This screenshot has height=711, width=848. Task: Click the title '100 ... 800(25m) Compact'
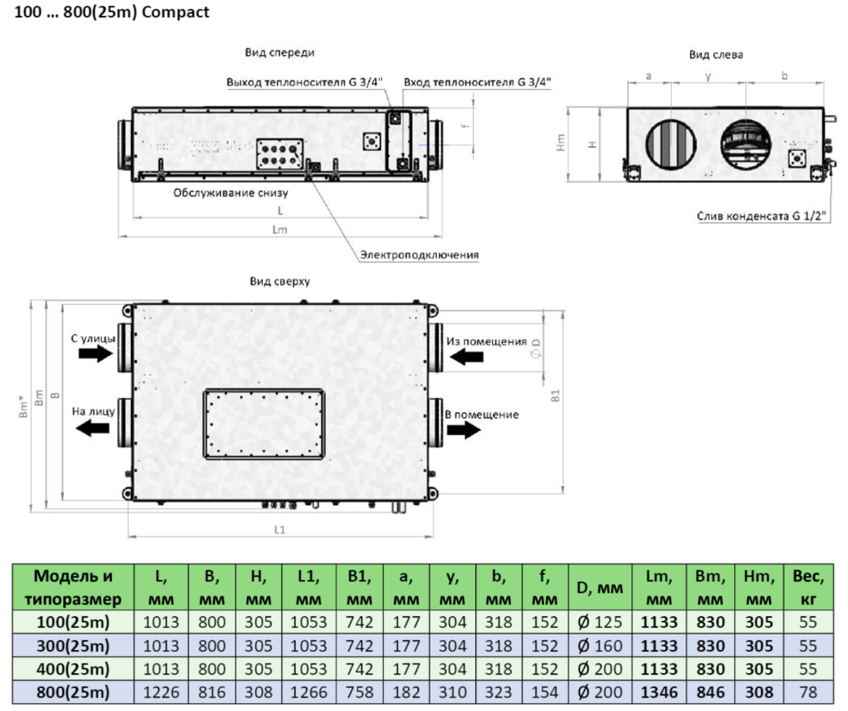(111, 12)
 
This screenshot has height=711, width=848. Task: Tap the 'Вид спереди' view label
(280, 52)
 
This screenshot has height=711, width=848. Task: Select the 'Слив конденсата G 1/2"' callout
(761, 216)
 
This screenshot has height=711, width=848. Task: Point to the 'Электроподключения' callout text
(419, 254)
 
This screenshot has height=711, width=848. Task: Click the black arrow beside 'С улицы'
(96, 353)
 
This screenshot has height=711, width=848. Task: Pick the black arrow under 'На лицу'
(93, 428)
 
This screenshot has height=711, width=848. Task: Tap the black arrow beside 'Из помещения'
(466, 356)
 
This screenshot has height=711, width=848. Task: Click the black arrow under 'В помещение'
(463, 430)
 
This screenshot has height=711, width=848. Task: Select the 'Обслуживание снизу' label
(231, 193)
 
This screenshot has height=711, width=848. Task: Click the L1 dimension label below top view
(280, 529)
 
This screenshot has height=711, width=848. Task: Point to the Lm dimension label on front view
(280, 229)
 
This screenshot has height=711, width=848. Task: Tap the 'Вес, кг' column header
(808, 588)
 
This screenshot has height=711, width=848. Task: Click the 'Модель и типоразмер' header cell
(73, 588)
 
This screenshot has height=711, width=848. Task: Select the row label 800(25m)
(73, 692)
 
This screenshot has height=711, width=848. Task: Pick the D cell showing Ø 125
(600, 623)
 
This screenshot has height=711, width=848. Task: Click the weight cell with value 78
(808, 692)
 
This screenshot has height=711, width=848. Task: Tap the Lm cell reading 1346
(659, 692)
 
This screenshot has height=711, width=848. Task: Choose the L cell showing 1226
(161, 692)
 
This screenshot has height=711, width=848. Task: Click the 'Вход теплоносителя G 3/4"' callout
(477, 82)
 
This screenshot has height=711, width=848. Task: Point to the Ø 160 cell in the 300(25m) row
(600, 645)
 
